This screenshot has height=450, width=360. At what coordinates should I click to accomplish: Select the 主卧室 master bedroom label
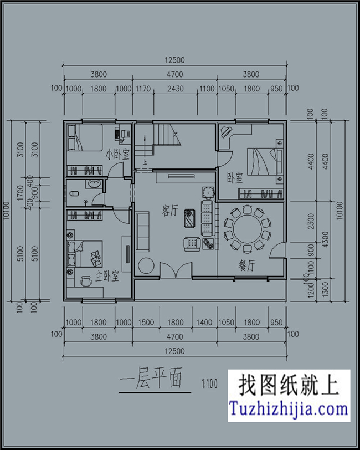click(107, 275)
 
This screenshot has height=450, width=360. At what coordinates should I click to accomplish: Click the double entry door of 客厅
click(176, 272)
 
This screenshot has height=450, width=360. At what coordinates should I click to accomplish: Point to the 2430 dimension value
click(176, 88)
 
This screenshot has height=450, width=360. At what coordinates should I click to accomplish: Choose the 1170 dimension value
click(143, 88)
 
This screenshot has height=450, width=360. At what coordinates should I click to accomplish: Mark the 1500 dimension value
click(146, 323)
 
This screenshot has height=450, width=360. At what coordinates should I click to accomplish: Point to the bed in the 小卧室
click(84, 139)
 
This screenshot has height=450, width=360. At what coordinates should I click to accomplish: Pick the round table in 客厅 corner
click(146, 265)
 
